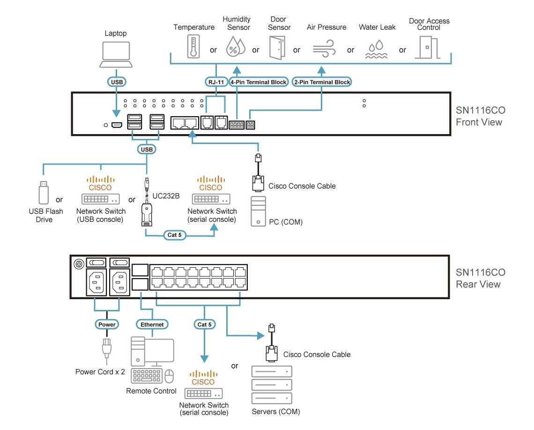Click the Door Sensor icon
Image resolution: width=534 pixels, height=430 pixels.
click(276, 47)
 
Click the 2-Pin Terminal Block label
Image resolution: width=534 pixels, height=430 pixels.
click(322, 82)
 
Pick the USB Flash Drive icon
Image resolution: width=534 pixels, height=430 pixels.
click(43, 193)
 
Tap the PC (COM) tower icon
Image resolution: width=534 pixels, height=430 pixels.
click(259, 211)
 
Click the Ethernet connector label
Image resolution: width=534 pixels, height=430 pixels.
click(152, 324)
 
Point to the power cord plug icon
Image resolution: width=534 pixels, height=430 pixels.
click(106, 349)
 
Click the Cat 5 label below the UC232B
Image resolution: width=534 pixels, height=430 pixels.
click(174, 234)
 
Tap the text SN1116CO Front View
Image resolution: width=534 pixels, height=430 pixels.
click(480, 116)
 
